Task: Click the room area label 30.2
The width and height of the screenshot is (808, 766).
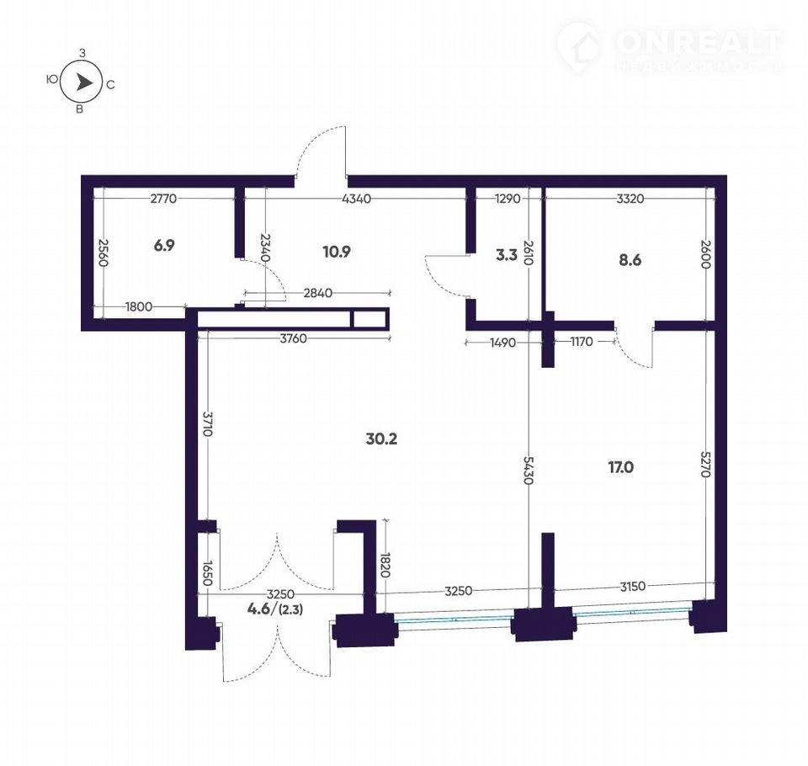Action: click(x=381, y=439)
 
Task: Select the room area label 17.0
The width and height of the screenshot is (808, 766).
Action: click(x=621, y=467)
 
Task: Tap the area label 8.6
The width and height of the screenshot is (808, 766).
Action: click(x=630, y=260)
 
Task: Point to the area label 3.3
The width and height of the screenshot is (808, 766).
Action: click(x=507, y=255)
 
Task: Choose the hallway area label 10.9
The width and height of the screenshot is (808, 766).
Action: click(x=337, y=252)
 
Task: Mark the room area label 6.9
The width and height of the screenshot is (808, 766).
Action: click(x=164, y=245)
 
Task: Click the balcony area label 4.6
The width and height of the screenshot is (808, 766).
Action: click(x=259, y=609)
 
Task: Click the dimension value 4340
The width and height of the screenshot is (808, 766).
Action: click(x=357, y=199)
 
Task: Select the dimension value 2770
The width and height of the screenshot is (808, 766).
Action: click(x=163, y=199)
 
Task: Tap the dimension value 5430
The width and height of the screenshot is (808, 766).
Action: click(x=529, y=470)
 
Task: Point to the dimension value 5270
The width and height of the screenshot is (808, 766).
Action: click(x=706, y=464)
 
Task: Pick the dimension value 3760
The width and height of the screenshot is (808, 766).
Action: click(x=293, y=338)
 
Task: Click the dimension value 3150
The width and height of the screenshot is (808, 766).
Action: click(x=632, y=587)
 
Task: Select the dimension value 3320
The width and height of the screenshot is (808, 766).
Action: click(x=630, y=199)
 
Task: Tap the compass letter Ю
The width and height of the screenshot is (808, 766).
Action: click(x=51, y=79)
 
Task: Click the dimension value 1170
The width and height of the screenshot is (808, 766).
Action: click(x=582, y=342)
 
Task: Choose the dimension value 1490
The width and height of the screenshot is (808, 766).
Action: click(x=503, y=343)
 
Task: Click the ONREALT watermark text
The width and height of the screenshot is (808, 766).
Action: click(x=699, y=42)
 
